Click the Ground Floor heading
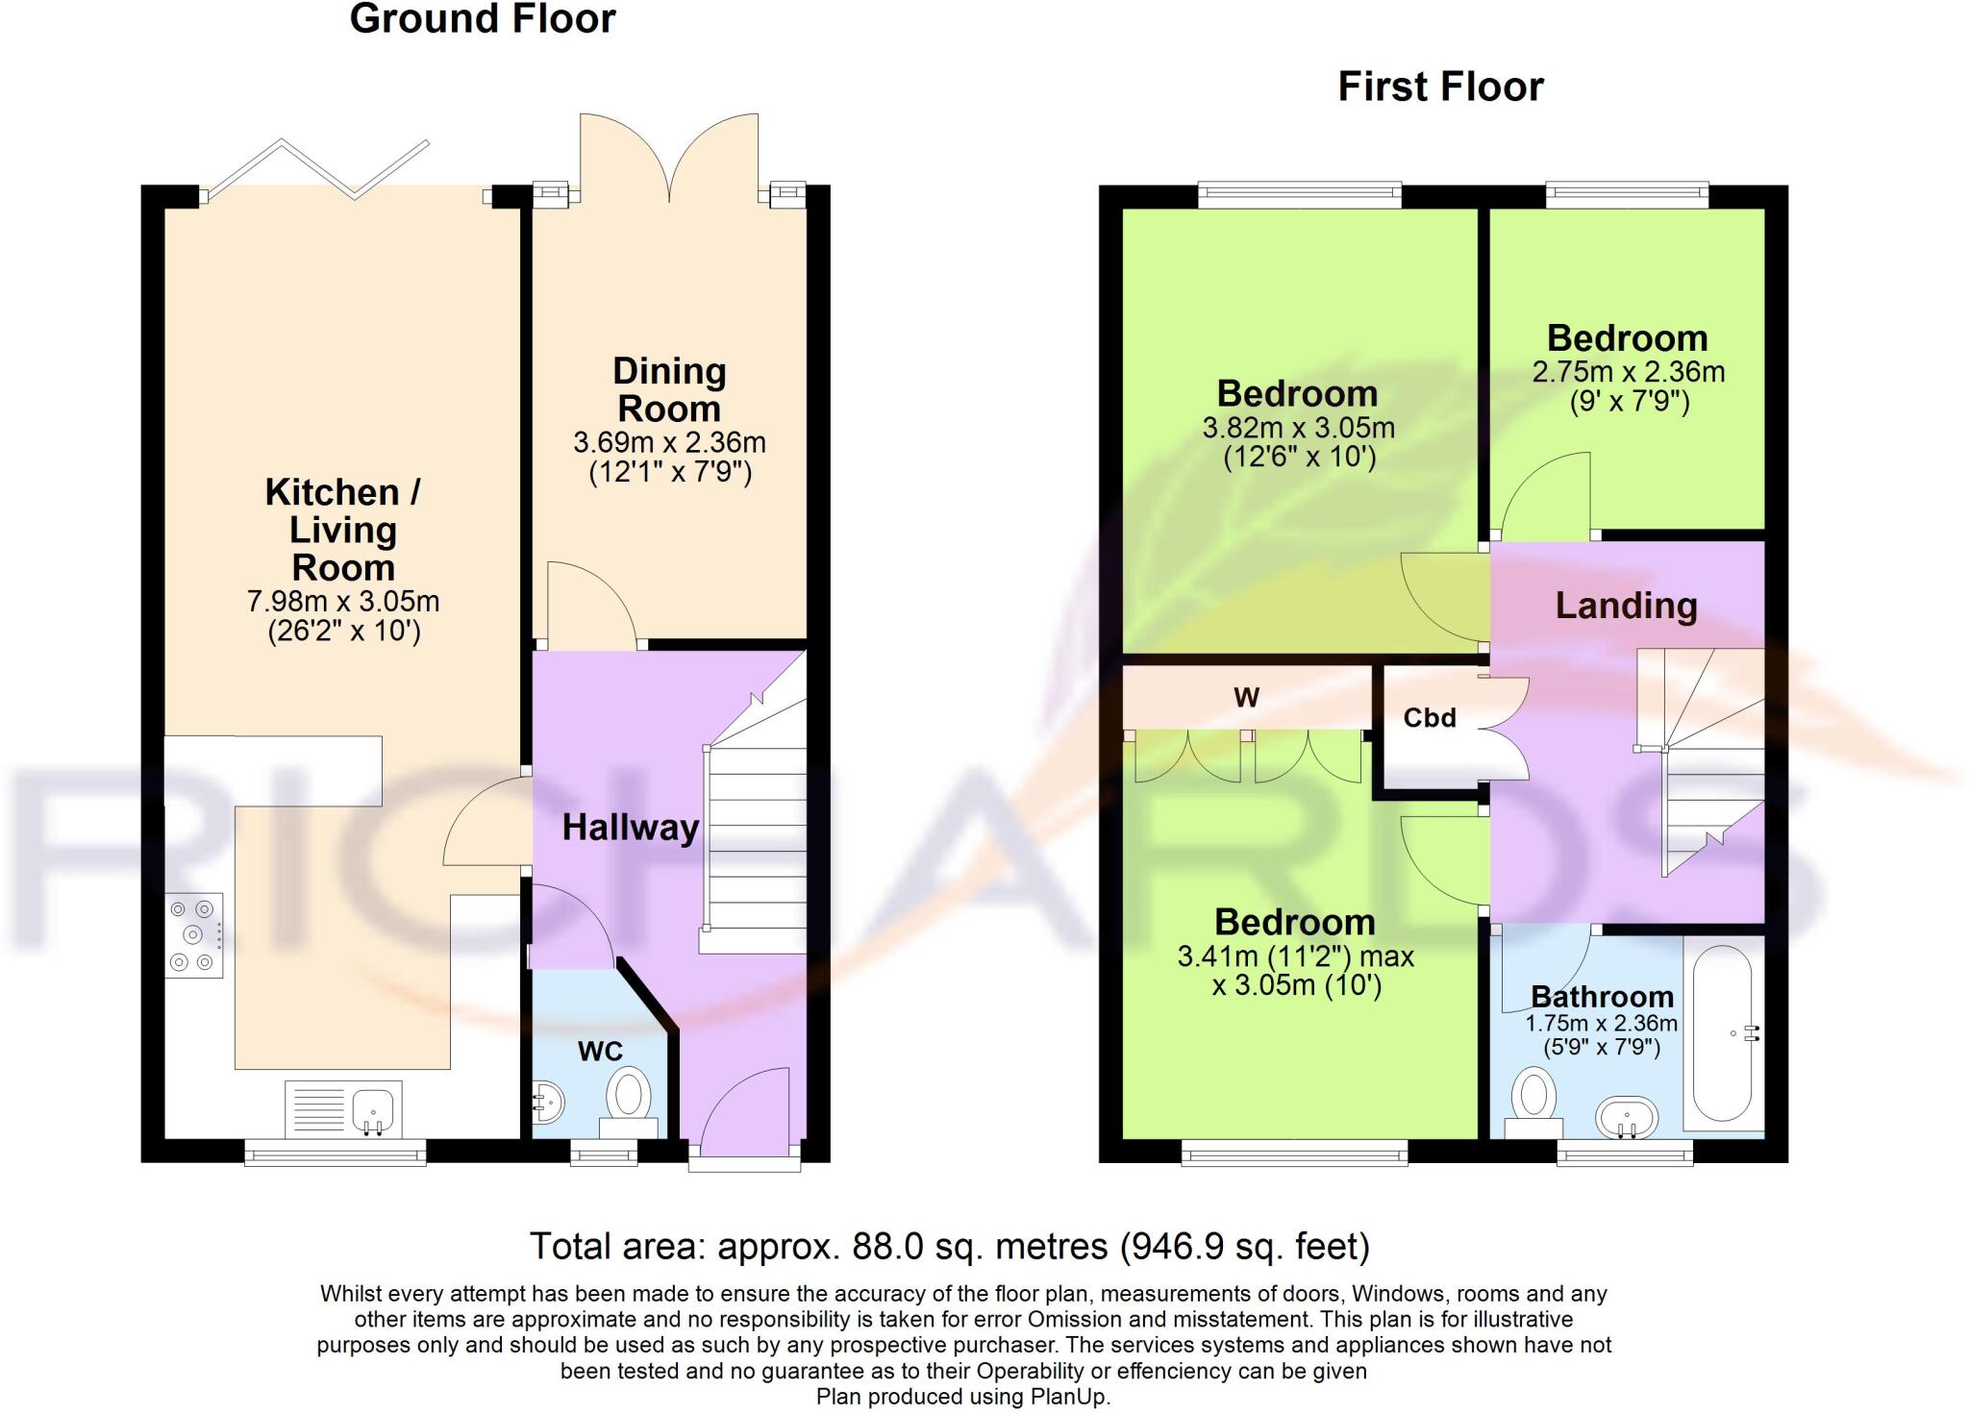tap(483, 19)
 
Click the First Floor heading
tap(1440, 87)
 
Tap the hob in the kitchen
tap(193, 935)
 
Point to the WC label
tap(600, 1052)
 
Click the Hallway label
tap(631, 828)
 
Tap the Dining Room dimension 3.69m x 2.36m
tap(669, 443)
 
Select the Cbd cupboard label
tap(1430, 718)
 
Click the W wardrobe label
tap(1246, 698)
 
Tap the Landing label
tap(1626, 606)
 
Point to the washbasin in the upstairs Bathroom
tap(1627, 1118)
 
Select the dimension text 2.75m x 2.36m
tap(1628, 372)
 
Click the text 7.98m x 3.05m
tap(343, 603)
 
